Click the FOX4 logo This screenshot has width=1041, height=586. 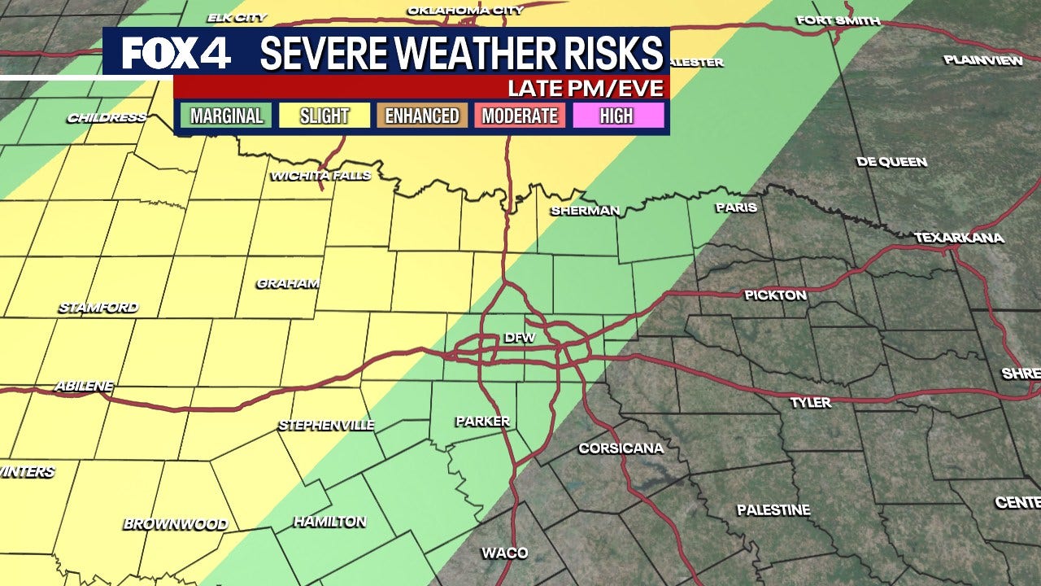click(x=176, y=53)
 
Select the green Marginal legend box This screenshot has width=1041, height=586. click(x=227, y=116)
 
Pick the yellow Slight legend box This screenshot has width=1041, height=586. click(x=324, y=116)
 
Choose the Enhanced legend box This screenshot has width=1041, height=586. click(x=422, y=116)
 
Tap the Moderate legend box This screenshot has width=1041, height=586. click(x=520, y=116)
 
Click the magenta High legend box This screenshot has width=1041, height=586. click(x=616, y=116)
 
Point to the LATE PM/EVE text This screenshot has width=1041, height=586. click(x=585, y=87)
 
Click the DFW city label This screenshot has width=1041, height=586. click(x=520, y=337)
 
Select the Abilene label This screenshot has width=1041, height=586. click(x=84, y=386)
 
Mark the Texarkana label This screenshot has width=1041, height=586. click(x=959, y=238)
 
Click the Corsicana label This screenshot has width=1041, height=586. click(x=621, y=448)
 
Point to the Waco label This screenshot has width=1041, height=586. click(x=504, y=553)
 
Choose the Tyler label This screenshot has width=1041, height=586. click(x=811, y=402)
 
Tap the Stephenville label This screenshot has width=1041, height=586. click(x=326, y=425)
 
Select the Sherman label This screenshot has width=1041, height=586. click(x=585, y=211)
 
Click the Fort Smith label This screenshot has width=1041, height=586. click(x=838, y=20)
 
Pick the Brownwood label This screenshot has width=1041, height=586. click(x=176, y=524)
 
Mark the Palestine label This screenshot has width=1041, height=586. click(x=773, y=510)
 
